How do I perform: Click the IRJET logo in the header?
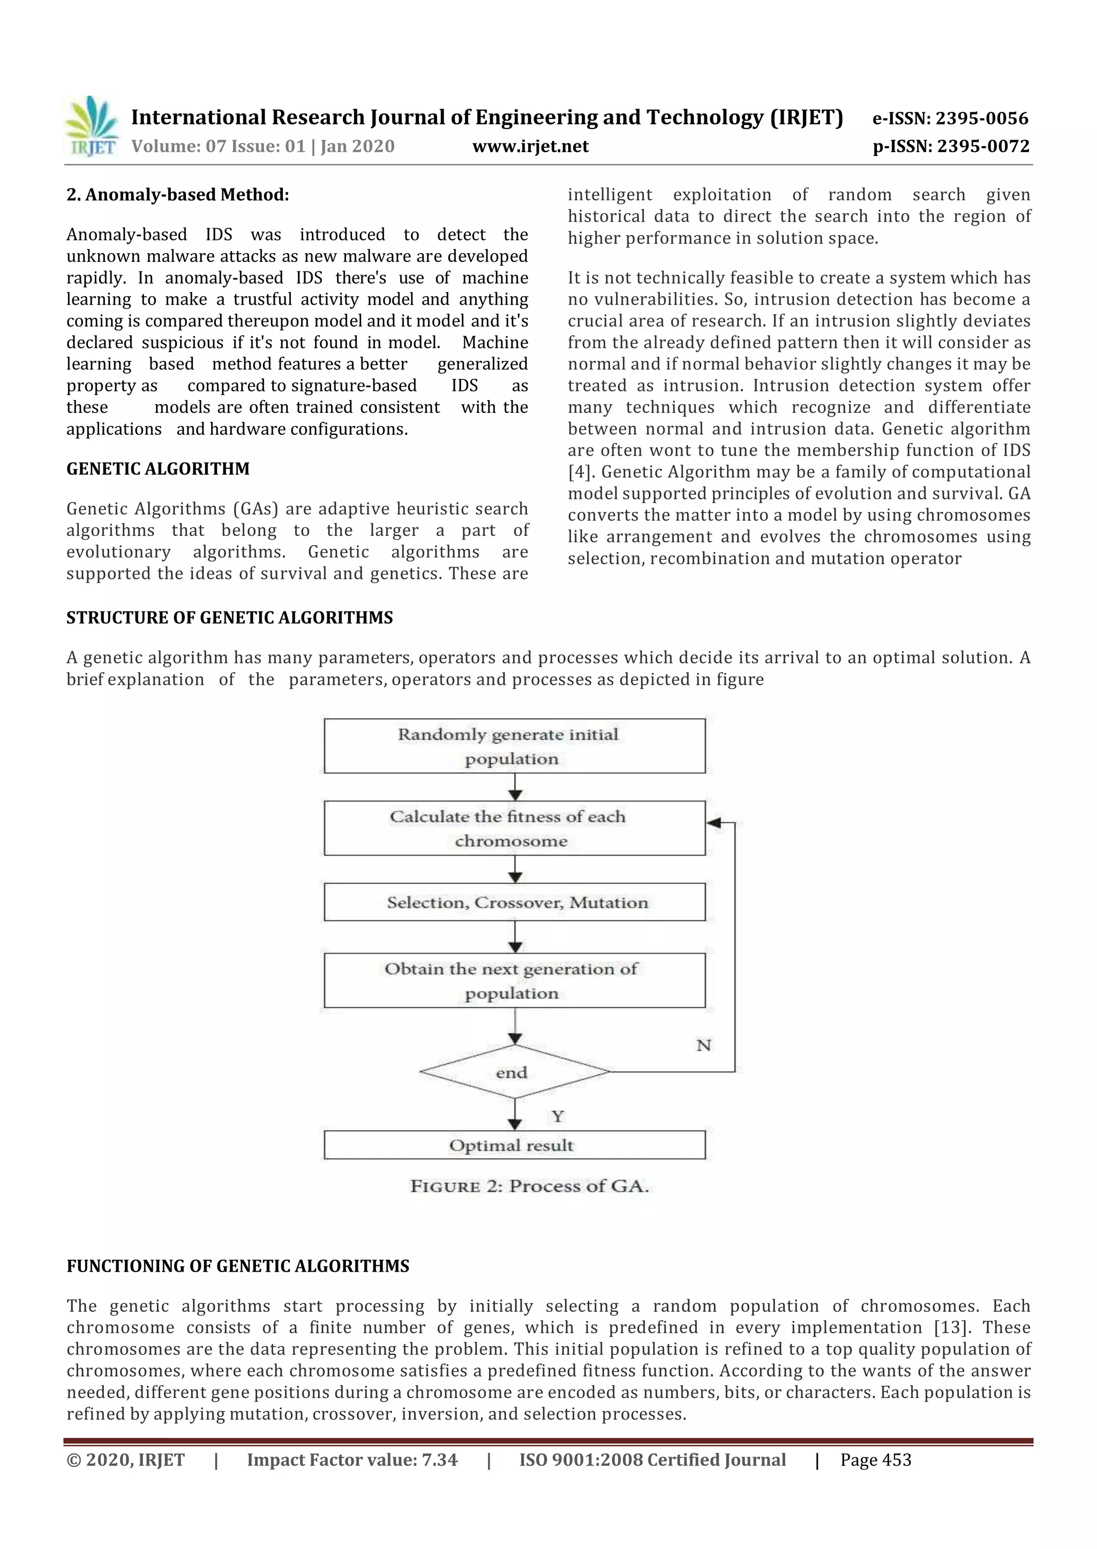[91, 127]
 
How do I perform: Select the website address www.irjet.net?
[530, 147]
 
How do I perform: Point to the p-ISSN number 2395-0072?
[983, 147]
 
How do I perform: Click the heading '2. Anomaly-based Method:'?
[178, 195]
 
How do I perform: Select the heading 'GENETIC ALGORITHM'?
[158, 469]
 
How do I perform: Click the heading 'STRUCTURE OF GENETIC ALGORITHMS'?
[230, 618]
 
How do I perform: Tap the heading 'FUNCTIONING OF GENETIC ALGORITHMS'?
[238, 1266]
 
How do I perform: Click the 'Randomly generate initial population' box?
[514, 746]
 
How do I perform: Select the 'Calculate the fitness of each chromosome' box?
[514, 828]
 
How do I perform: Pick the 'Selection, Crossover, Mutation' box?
[514, 902]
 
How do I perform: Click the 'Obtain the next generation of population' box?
[514, 980]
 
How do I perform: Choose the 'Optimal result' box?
[514, 1145]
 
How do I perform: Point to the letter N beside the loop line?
[704, 1045]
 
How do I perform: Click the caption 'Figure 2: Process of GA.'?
[530, 1187]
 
